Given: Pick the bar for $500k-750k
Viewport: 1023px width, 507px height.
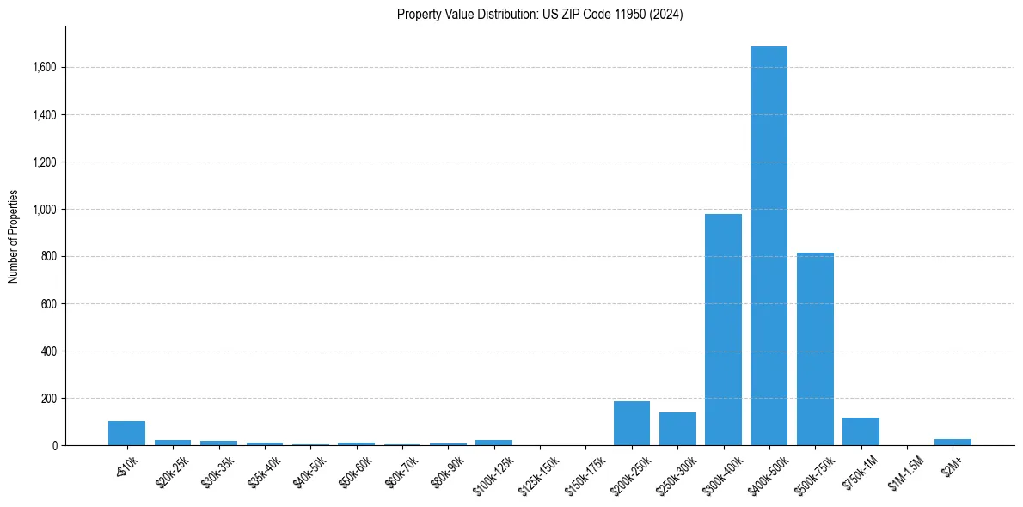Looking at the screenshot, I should coord(815,349).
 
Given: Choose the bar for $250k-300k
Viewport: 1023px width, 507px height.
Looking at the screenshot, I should coord(677,429).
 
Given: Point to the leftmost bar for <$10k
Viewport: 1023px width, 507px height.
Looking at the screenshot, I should coord(126,433).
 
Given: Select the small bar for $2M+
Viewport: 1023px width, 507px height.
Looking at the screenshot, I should coord(953,442).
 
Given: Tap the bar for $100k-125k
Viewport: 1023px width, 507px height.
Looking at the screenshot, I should coord(493,443).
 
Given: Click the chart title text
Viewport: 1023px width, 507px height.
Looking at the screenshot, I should coord(540,15).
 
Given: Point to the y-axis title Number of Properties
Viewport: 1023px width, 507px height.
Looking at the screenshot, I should coord(14,236).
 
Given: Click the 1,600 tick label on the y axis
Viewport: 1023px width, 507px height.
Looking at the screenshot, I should coord(45,67).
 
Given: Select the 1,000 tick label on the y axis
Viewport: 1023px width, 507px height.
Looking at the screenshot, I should coord(45,209).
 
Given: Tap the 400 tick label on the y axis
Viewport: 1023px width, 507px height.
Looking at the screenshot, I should coord(49,351).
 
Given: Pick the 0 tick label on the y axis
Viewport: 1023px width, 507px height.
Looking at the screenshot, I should coord(54,446).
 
